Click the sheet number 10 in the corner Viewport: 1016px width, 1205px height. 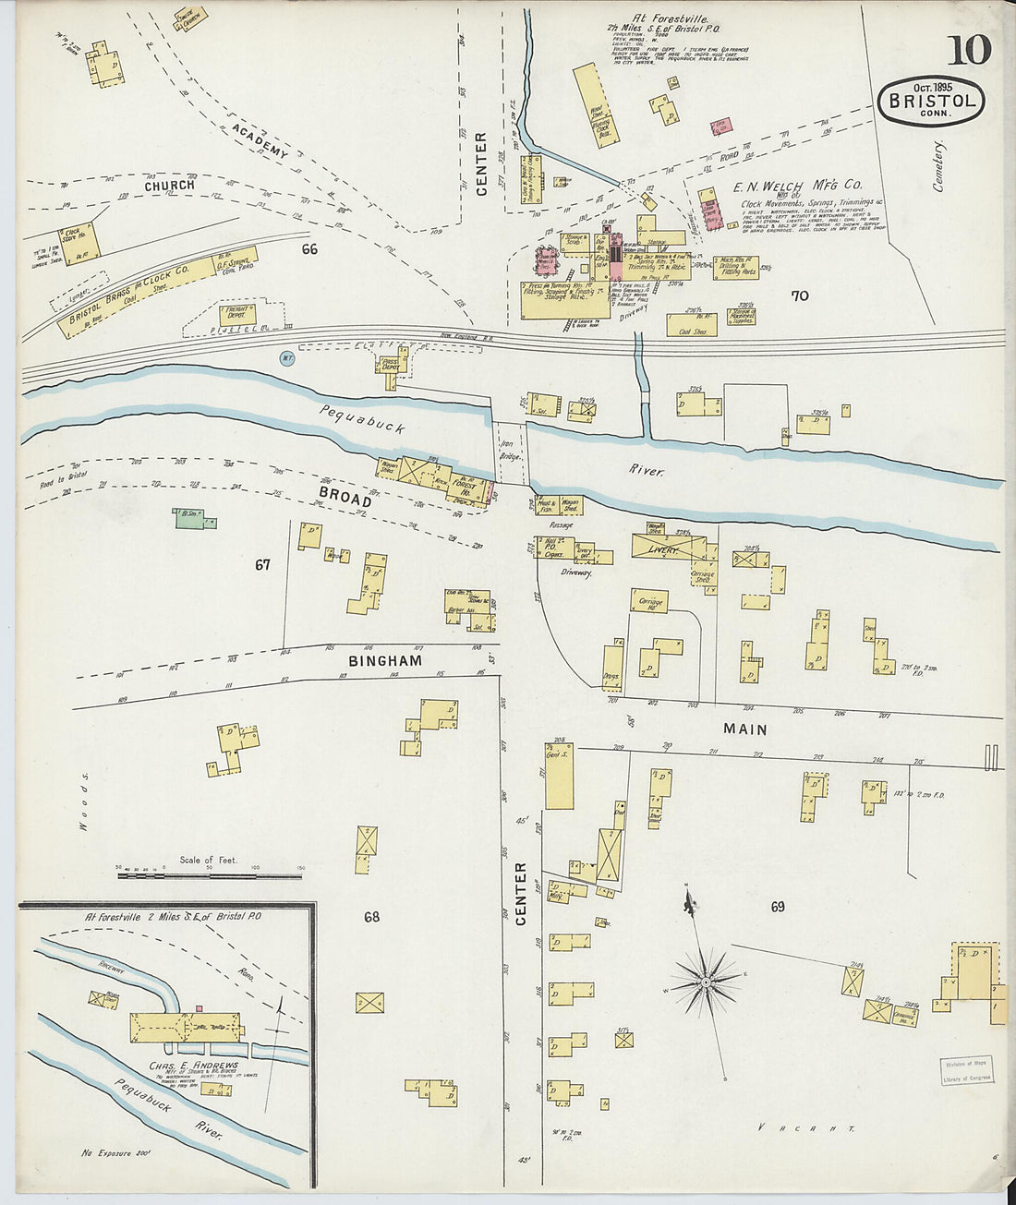click(968, 49)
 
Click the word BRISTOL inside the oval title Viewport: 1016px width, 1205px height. click(930, 101)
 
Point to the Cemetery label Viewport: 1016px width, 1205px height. click(939, 166)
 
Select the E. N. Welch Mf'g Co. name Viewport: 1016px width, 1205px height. click(797, 186)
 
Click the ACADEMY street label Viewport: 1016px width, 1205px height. click(260, 139)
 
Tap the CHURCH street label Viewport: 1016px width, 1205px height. click(170, 186)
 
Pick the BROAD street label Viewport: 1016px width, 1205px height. click(345, 496)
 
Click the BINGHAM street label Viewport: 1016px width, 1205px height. click(385, 661)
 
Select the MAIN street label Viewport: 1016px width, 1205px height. click(745, 729)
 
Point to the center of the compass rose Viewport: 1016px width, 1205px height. click(707, 981)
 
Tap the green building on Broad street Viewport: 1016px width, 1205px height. click(190, 519)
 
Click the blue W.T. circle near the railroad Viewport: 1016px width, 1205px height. click(287, 357)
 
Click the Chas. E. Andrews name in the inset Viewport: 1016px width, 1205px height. click(193, 1066)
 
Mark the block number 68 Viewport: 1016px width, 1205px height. click(371, 917)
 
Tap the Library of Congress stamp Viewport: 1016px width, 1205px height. click(967, 1070)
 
